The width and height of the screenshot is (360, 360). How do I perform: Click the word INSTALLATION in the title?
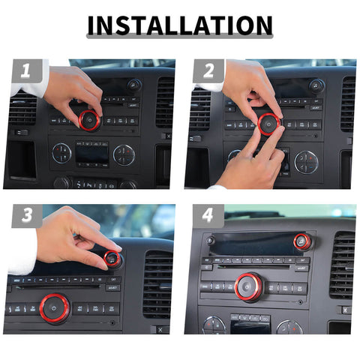[180, 25]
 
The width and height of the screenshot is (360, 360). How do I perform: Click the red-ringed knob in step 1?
[89, 119]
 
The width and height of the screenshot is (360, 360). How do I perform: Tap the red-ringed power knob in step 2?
[269, 122]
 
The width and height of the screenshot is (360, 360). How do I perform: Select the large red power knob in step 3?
[55, 307]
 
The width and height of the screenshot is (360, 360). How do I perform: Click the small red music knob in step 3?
[112, 260]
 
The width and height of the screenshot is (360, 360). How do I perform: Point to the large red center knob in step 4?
[248, 286]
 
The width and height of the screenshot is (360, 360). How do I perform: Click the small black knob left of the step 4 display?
[211, 241]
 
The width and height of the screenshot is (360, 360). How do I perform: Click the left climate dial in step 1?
[61, 154]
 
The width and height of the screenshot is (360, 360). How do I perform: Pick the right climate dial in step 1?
[123, 154]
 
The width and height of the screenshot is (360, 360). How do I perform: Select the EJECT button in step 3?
[112, 286]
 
